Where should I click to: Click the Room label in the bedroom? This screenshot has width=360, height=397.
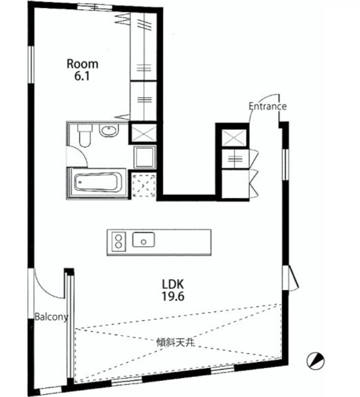(x=82, y=64)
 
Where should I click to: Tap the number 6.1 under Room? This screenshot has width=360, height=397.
(x=82, y=76)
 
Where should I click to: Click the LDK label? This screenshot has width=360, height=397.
(x=173, y=284)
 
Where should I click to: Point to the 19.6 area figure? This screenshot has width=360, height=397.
(x=173, y=296)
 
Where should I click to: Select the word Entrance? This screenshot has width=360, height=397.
(x=268, y=106)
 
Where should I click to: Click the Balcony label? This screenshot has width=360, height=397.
(x=51, y=317)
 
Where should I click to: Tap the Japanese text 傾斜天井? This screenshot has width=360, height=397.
(x=176, y=343)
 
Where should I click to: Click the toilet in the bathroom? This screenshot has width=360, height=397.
(x=84, y=135)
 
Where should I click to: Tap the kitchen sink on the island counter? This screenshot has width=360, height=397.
(x=144, y=239)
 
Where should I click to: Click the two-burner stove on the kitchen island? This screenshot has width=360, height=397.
(x=118, y=241)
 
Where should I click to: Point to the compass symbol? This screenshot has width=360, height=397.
(x=316, y=360)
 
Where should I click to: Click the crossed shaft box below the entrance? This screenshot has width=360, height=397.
(x=234, y=138)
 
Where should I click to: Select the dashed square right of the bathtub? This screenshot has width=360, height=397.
(x=144, y=186)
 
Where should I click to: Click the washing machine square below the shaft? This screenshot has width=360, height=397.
(x=144, y=157)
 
